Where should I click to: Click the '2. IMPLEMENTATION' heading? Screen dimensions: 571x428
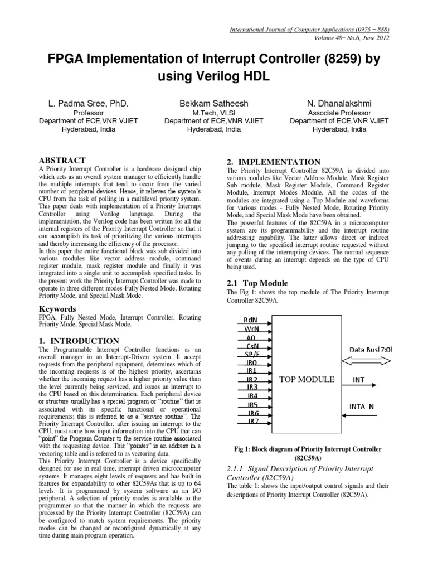click(x=273, y=162)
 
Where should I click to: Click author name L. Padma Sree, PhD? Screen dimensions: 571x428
click(x=85, y=104)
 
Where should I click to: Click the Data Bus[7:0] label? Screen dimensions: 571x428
click(x=371, y=350)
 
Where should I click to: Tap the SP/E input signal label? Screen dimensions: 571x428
click(x=252, y=355)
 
